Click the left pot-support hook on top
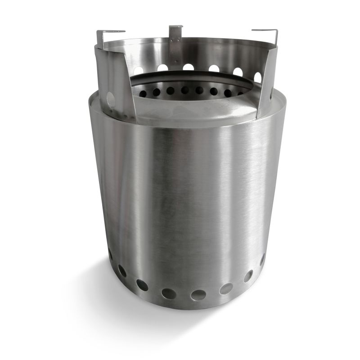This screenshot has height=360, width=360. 110,32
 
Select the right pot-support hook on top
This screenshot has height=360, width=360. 265,31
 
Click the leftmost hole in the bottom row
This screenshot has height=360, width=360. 110,255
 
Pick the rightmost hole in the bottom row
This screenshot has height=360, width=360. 262,259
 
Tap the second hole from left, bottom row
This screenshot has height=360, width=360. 122,271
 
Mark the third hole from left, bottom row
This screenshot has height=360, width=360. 142,285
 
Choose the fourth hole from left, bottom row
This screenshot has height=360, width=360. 169,293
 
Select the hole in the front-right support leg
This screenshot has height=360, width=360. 257,77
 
